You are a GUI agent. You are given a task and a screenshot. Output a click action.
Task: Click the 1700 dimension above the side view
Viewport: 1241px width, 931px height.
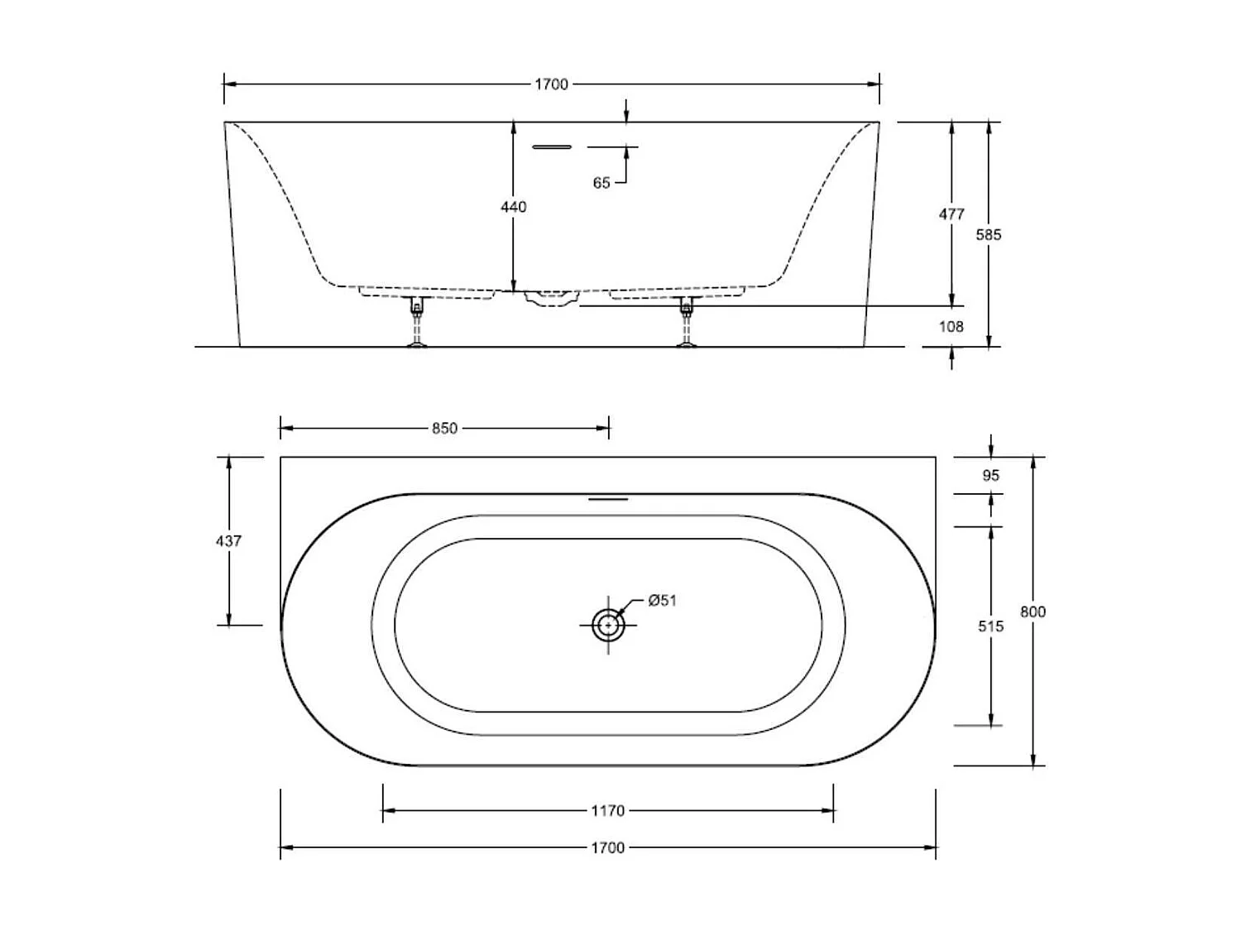click(x=551, y=84)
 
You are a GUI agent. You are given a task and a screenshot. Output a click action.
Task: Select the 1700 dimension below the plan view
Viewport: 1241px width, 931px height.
click(x=607, y=847)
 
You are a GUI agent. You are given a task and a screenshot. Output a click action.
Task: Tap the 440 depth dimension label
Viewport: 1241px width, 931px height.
click(x=513, y=207)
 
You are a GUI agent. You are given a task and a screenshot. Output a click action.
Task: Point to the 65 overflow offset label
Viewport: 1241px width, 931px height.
click(x=601, y=183)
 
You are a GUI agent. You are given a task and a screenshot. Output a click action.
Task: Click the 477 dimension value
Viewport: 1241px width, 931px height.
click(x=951, y=214)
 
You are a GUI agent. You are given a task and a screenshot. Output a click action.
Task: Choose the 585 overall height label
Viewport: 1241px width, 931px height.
click(x=989, y=235)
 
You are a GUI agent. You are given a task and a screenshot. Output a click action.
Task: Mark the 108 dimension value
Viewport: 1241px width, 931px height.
click(x=951, y=327)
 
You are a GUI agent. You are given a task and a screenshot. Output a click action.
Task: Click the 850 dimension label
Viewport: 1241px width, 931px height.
click(x=444, y=429)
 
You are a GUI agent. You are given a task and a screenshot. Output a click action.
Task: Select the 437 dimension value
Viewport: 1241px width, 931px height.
click(x=228, y=541)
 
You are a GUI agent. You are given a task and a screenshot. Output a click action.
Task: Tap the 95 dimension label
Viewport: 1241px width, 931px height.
click(x=990, y=476)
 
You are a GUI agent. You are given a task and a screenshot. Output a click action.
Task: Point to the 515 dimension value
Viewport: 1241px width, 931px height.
click(x=990, y=626)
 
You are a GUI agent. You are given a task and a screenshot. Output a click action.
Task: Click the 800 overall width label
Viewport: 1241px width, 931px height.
click(x=1033, y=612)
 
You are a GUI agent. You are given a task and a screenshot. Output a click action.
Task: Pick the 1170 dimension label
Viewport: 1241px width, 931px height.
click(x=607, y=811)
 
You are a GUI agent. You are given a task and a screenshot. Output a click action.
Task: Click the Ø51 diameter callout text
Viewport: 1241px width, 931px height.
click(x=662, y=601)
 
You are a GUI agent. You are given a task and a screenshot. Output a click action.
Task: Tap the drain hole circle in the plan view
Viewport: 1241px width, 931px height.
click(x=608, y=626)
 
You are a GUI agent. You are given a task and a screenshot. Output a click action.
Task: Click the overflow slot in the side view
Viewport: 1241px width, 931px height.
click(x=552, y=147)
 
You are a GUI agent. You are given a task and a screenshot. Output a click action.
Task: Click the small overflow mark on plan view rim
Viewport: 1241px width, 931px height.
click(x=608, y=499)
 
